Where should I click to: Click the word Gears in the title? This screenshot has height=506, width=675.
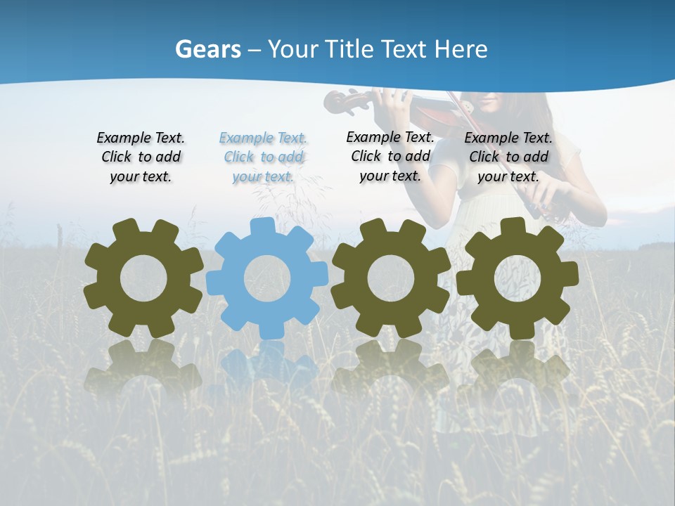[x=208, y=49]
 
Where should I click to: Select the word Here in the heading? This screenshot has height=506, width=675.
[x=461, y=49]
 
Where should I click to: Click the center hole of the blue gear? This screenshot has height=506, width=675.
[x=267, y=278]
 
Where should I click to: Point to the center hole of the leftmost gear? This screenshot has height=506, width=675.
[x=143, y=278]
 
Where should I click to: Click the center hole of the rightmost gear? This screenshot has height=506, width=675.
[x=517, y=278]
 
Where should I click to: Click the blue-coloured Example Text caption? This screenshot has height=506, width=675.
[x=263, y=157]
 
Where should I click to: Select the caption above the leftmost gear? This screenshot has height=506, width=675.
[x=141, y=157]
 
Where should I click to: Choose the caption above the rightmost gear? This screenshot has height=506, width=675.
[x=508, y=157]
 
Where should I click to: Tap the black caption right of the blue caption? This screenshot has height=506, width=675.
[x=390, y=156]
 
